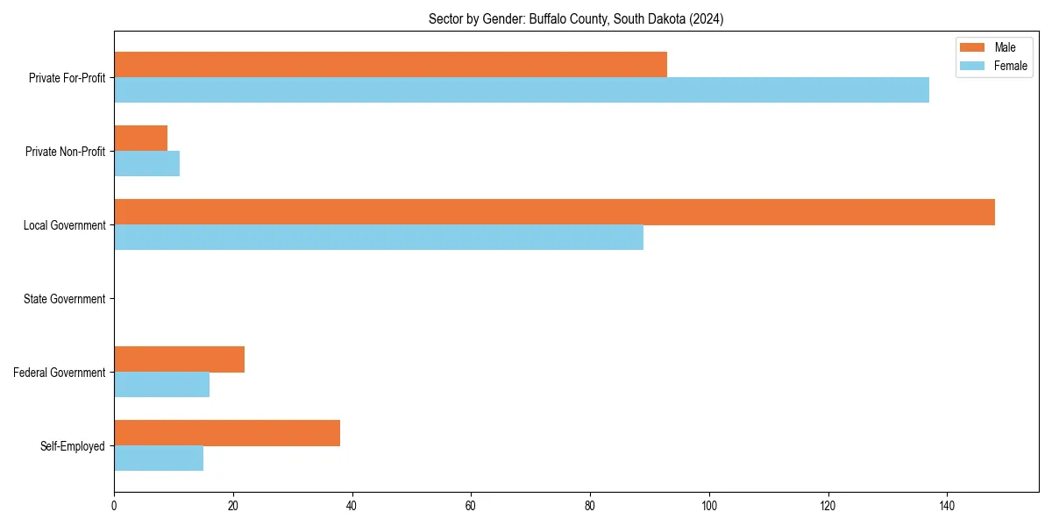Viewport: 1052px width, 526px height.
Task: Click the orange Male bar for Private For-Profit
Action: click(x=390, y=65)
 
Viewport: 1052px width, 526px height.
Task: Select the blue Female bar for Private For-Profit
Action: click(x=522, y=90)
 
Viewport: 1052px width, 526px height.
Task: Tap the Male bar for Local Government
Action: click(x=554, y=212)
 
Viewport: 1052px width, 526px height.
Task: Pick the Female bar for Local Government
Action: click(x=379, y=238)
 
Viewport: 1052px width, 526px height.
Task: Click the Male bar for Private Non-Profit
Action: click(x=140, y=139)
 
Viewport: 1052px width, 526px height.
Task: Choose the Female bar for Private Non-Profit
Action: click(x=146, y=164)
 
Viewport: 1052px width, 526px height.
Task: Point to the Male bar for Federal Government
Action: click(x=179, y=359)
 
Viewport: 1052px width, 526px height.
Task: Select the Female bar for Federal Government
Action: click(x=161, y=385)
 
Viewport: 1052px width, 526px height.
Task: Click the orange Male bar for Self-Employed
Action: click(x=227, y=433)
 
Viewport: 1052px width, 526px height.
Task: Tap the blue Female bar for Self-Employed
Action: click(x=159, y=458)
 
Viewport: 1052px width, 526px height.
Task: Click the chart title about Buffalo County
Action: click(x=576, y=18)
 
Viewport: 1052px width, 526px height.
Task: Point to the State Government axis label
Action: click(x=64, y=299)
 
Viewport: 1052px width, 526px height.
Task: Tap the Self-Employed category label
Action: click(x=72, y=446)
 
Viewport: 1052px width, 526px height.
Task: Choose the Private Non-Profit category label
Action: click(x=65, y=152)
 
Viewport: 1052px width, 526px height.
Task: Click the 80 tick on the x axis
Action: click(x=590, y=506)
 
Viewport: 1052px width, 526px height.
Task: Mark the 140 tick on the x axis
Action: click(x=947, y=506)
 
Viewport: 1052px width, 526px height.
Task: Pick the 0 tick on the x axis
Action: click(x=114, y=506)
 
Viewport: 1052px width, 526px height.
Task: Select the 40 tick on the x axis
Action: click(x=352, y=506)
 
